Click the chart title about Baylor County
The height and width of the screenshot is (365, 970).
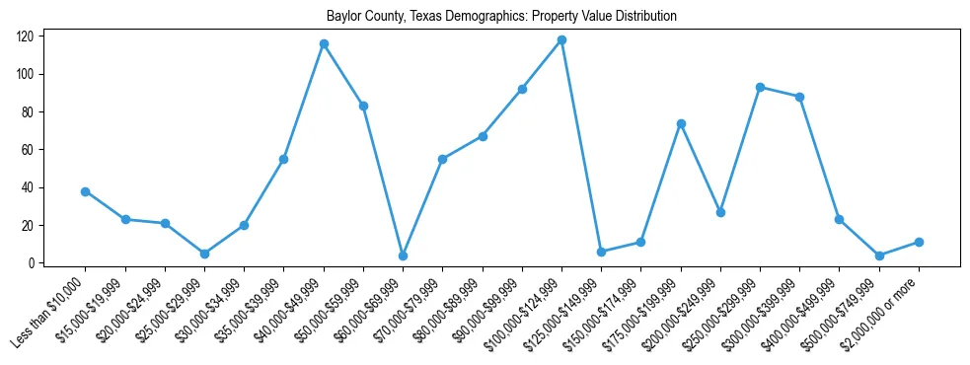coord(501,17)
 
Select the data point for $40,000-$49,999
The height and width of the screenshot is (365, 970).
coord(324,44)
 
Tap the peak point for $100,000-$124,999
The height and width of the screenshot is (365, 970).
coord(561,40)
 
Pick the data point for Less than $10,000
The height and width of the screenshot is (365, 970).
coord(86,191)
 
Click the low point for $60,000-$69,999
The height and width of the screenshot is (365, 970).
coord(403,255)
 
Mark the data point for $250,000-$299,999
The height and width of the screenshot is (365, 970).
coord(760,87)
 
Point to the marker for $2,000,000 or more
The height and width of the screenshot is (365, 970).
coord(919,242)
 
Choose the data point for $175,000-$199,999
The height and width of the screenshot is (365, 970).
coord(681,123)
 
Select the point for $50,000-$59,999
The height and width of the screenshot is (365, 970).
coord(363,106)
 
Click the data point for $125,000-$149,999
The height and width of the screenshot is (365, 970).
coord(601,252)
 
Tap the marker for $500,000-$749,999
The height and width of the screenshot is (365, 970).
coord(879,255)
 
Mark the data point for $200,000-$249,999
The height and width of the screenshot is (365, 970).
coord(720,212)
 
